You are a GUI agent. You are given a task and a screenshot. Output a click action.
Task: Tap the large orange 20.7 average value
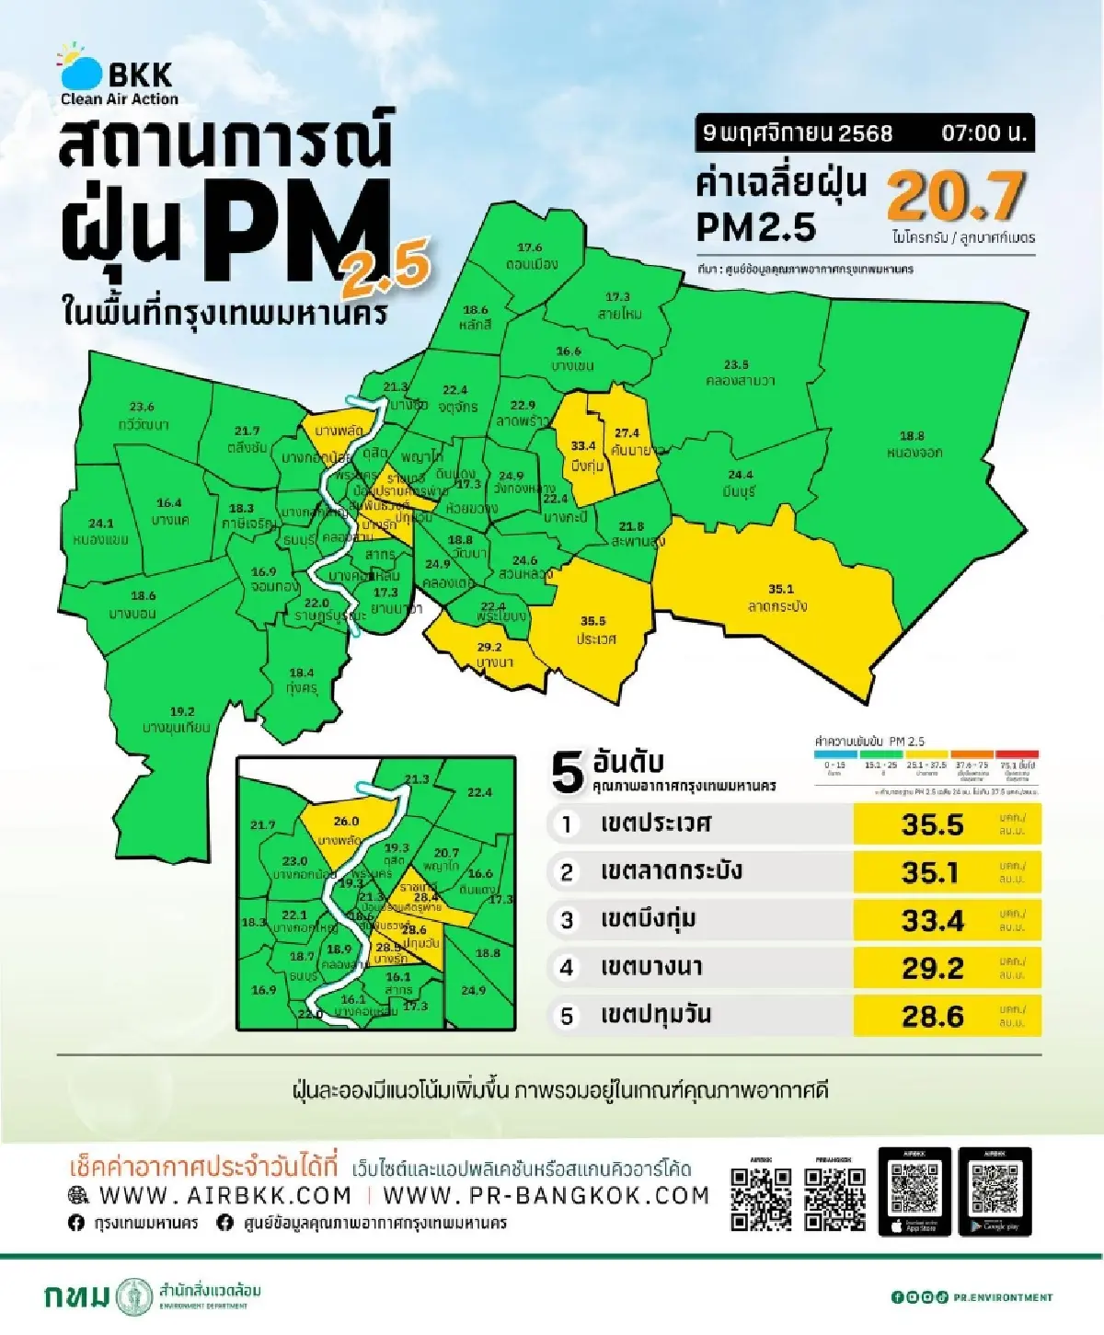click(x=956, y=196)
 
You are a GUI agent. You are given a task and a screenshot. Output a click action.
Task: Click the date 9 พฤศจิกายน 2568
click(x=797, y=133)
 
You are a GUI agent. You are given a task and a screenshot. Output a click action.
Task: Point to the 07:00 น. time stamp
click(x=983, y=133)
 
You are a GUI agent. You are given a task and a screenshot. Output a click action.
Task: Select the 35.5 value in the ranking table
click(x=932, y=824)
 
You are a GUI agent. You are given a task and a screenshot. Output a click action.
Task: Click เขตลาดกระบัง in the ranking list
click(x=671, y=871)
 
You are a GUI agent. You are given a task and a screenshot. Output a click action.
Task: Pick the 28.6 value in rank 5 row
click(x=932, y=1016)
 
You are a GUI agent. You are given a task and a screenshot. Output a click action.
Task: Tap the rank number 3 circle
click(x=567, y=920)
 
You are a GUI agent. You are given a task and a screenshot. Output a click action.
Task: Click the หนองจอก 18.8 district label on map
click(x=913, y=444)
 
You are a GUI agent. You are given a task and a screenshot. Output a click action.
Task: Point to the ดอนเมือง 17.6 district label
click(x=531, y=256)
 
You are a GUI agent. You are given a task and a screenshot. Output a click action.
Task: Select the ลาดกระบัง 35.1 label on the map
click(x=779, y=598)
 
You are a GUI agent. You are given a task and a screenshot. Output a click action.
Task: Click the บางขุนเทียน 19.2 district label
click(x=178, y=719)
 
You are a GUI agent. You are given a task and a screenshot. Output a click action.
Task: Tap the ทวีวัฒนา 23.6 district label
click(x=143, y=416)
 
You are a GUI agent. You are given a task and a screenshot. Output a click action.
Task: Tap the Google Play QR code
click(x=995, y=1191)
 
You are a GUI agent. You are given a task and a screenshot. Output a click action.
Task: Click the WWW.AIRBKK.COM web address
click(x=225, y=1195)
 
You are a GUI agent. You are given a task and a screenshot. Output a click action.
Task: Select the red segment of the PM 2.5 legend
click(x=1017, y=755)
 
